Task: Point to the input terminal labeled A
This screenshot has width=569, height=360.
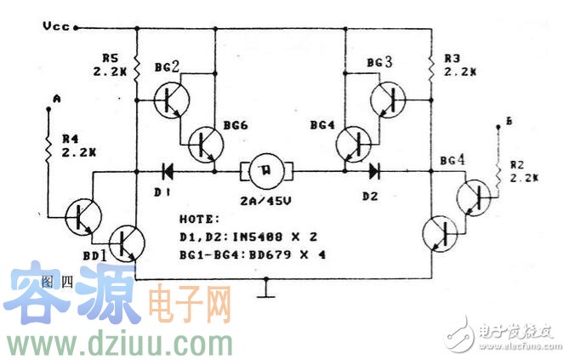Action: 55,100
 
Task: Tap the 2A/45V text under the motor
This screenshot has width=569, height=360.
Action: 266,201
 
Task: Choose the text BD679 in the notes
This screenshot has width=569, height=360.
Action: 276,254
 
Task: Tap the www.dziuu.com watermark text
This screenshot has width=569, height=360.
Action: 118,343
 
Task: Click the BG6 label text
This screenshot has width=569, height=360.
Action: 236,125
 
